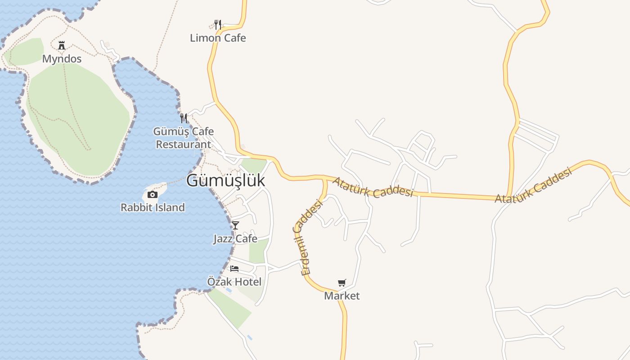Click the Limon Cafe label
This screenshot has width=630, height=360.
[218, 38]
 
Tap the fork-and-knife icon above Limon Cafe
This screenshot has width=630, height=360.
[218, 24]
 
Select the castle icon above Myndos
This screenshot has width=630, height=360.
[62, 45]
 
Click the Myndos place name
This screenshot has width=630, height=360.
[62, 59]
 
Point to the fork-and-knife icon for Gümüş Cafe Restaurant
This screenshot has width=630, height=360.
[184, 118]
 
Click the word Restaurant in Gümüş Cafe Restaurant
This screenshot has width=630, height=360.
[183, 144]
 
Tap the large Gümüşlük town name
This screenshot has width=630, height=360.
[225, 180]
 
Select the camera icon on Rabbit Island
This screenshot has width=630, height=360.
[153, 194]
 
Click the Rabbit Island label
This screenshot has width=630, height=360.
[153, 207]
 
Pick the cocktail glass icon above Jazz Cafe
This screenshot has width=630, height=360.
[235, 225]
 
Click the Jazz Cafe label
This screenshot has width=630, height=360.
[235, 239]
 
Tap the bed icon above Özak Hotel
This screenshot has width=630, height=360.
[234, 269]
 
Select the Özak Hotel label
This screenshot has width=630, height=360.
[234, 282]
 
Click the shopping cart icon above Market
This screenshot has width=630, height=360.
[342, 283]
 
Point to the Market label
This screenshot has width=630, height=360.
[342, 296]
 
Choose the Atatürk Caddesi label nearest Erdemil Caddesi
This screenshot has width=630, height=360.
[373, 187]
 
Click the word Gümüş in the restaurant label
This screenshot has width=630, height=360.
[168, 132]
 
